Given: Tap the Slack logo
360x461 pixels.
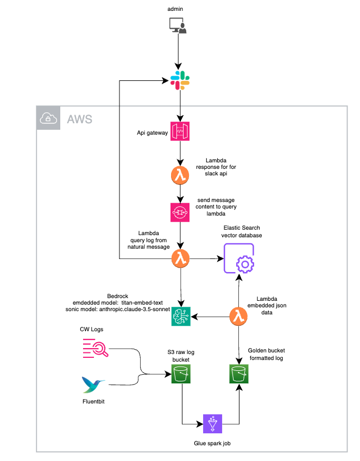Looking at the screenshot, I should (x=180, y=81).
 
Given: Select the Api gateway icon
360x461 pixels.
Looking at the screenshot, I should (x=180, y=132).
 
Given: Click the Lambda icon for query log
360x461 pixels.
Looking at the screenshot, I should (x=180, y=258).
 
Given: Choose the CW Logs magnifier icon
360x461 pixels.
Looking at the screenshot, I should (x=96, y=348).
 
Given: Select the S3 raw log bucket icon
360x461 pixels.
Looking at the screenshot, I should (x=180, y=374).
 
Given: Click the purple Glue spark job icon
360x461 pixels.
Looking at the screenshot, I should (x=212, y=423).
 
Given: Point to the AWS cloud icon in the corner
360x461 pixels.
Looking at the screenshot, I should (x=48, y=119).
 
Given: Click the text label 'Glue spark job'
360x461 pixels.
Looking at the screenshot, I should (x=212, y=443).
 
